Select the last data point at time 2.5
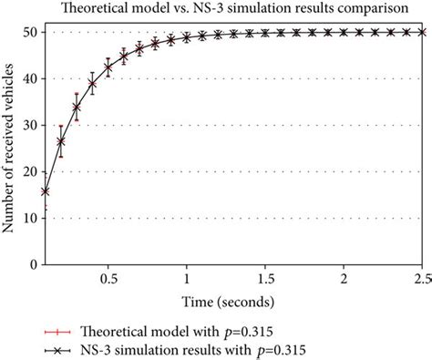point(421,32)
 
